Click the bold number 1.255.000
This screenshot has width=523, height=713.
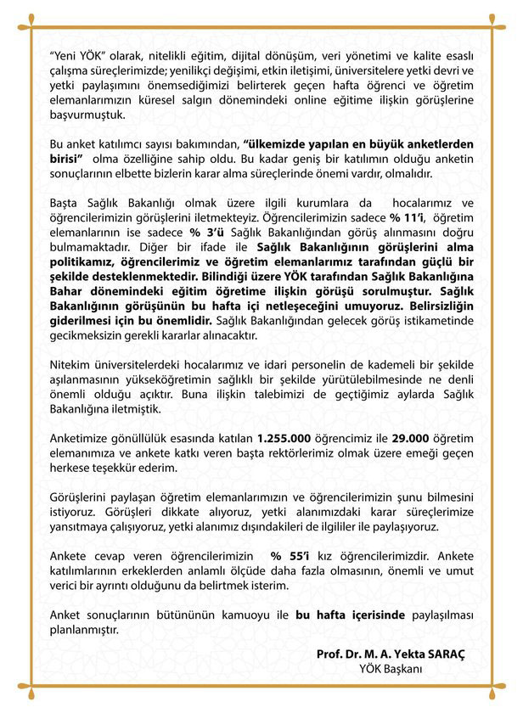286,442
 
